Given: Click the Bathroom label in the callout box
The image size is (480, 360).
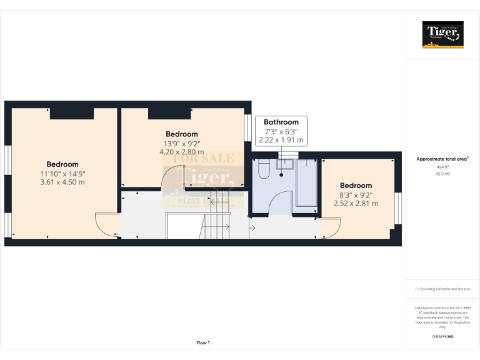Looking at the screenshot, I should (x=285, y=122).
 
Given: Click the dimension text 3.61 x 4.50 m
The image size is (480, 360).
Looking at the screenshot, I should (x=62, y=182).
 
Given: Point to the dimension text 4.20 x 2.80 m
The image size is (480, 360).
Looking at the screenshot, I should (x=182, y=151).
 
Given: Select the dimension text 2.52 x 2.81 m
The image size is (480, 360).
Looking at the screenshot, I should (x=356, y=203).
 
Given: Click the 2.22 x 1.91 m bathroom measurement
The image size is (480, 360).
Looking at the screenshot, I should (x=284, y=140).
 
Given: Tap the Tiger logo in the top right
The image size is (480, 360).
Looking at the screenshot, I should (x=442, y=34).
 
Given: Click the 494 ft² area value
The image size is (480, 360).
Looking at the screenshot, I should (x=442, y=167).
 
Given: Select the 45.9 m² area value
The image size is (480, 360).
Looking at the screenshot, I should (x=442, y=174).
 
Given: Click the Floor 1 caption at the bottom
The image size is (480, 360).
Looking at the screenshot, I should (x=203, y=342).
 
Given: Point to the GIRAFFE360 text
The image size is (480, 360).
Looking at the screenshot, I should (x=442, y=337).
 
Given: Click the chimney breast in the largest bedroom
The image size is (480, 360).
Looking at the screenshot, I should (x=72, y=113).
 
